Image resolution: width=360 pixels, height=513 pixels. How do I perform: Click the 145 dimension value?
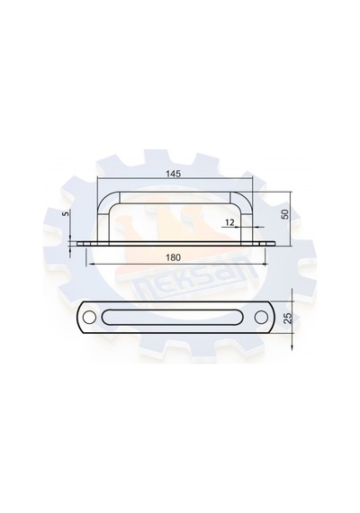173,174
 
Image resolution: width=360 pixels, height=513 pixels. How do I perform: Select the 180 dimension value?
173,257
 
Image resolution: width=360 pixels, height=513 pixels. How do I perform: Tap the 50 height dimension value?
285,214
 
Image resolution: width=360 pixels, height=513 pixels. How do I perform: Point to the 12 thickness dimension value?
230,222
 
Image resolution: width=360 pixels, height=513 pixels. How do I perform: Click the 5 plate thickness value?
67,213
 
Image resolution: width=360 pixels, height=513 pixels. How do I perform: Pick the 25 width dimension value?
287,318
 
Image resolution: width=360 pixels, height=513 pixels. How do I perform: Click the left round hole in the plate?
87,317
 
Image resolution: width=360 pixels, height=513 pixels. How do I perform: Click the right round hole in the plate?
261,317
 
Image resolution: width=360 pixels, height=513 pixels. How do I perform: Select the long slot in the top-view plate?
175,317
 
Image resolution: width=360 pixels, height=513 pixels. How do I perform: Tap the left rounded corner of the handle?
104,200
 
